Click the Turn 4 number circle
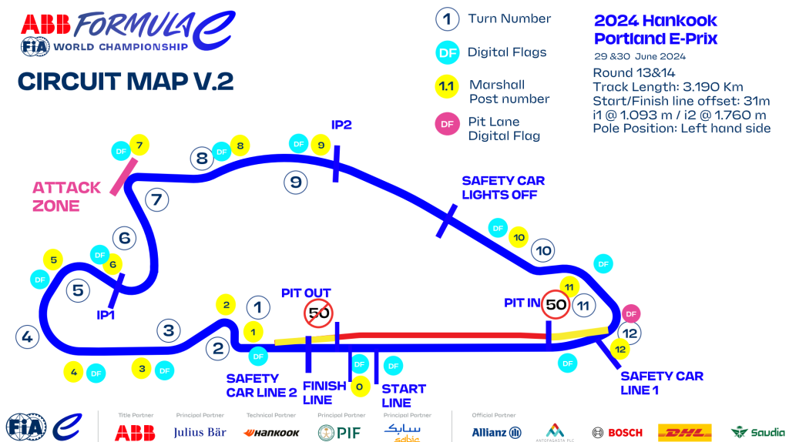click(x=27, y=337)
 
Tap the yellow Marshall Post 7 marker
click(x=139, y=145)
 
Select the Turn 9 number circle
click(x=295, y=182)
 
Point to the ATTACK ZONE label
click(x=66, y=196)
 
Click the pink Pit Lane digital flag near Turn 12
click(x=631, y=313)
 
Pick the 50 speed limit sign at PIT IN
click(x=555, y=304)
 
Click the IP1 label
click(x=106, y=314)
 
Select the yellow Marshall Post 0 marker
click(x=359, y=386)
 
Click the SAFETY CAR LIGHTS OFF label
click(x=503, y=187)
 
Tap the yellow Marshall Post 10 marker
click(x=519, y=238)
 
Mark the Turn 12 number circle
click(x=631, y=334)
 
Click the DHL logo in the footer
click(x=684, y=432)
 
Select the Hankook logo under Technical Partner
click(x=271, y=432)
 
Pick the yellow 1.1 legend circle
click(x=446, y=86)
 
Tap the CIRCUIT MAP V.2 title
click(x=125, y=81)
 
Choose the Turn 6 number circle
click(x=124, y=238)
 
